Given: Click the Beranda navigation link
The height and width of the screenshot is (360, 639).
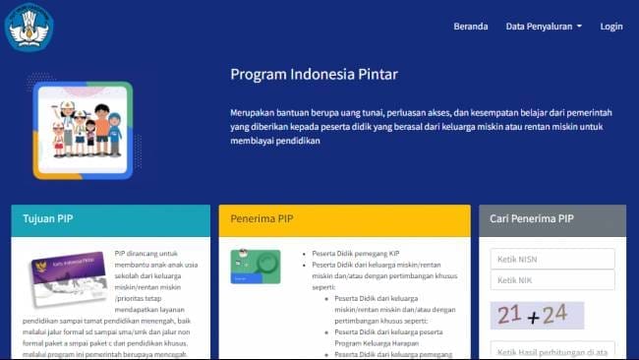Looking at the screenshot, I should click(x=470, y=27).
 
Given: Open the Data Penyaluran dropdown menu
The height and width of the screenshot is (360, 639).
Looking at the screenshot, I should click(x=544, y=27).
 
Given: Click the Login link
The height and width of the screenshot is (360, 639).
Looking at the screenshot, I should click(x=610, y=27).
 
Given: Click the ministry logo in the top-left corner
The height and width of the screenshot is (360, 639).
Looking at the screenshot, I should click(x=29, y=27).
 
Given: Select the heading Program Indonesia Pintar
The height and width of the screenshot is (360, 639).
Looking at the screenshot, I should click(x=314, y=74).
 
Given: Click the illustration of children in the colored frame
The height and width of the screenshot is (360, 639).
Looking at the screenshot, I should click(x=83, y=129).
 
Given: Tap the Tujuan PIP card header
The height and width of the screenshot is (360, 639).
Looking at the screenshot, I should click(x=110, y=219).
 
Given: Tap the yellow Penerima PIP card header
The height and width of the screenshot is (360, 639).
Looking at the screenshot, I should click(x=344, y=219).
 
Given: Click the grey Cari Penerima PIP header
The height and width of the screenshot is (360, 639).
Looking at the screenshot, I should click(x=552, y=219).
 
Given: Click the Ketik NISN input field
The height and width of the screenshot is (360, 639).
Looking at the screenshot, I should click(x=552, y=259).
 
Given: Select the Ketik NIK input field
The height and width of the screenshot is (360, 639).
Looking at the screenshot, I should click(x=552, y=280).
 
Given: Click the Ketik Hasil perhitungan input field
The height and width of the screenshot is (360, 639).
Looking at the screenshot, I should click(x=552, y=351).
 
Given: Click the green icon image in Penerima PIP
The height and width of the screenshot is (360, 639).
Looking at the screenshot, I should click(x=255, y=266).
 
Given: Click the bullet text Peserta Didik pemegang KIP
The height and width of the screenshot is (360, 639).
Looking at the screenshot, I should click(x=357, y=254).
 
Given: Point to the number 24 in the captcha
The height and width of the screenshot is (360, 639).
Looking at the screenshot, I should click(x=555, y=315).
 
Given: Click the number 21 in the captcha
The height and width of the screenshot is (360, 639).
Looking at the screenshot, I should click(x=510, y=315).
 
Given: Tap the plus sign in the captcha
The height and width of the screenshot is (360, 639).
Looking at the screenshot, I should click(x=532, y=317).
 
